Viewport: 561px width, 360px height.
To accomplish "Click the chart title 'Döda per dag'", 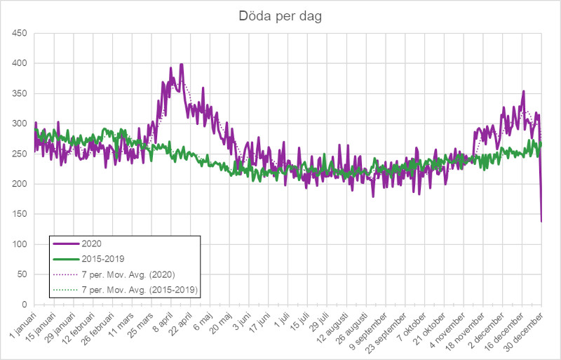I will pyautogui.click(x=280, y=17).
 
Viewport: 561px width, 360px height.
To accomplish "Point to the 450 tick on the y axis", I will pyautogui.click(x=19, y=33).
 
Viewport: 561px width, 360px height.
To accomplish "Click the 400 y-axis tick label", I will pyautogui.click(x=19, y=63).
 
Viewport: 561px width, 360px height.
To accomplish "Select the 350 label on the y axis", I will pyautogui.click(x=19, y=93).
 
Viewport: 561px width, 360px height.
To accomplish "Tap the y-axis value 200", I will pyautogui.click(x=19, y=184).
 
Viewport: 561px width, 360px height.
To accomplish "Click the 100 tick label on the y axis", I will pyautogui.click(x=19, y=244).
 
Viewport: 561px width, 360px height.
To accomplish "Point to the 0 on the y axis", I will pyautogui.click(x=24, y=305).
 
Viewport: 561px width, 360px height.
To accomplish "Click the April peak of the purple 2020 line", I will pyautogui.click(x=182, y=64).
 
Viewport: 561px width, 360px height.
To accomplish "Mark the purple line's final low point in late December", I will pyautogui.click(x=541, y=222).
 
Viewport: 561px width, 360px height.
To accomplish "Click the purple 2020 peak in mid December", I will pyautogui.click(x=523, y=91).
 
